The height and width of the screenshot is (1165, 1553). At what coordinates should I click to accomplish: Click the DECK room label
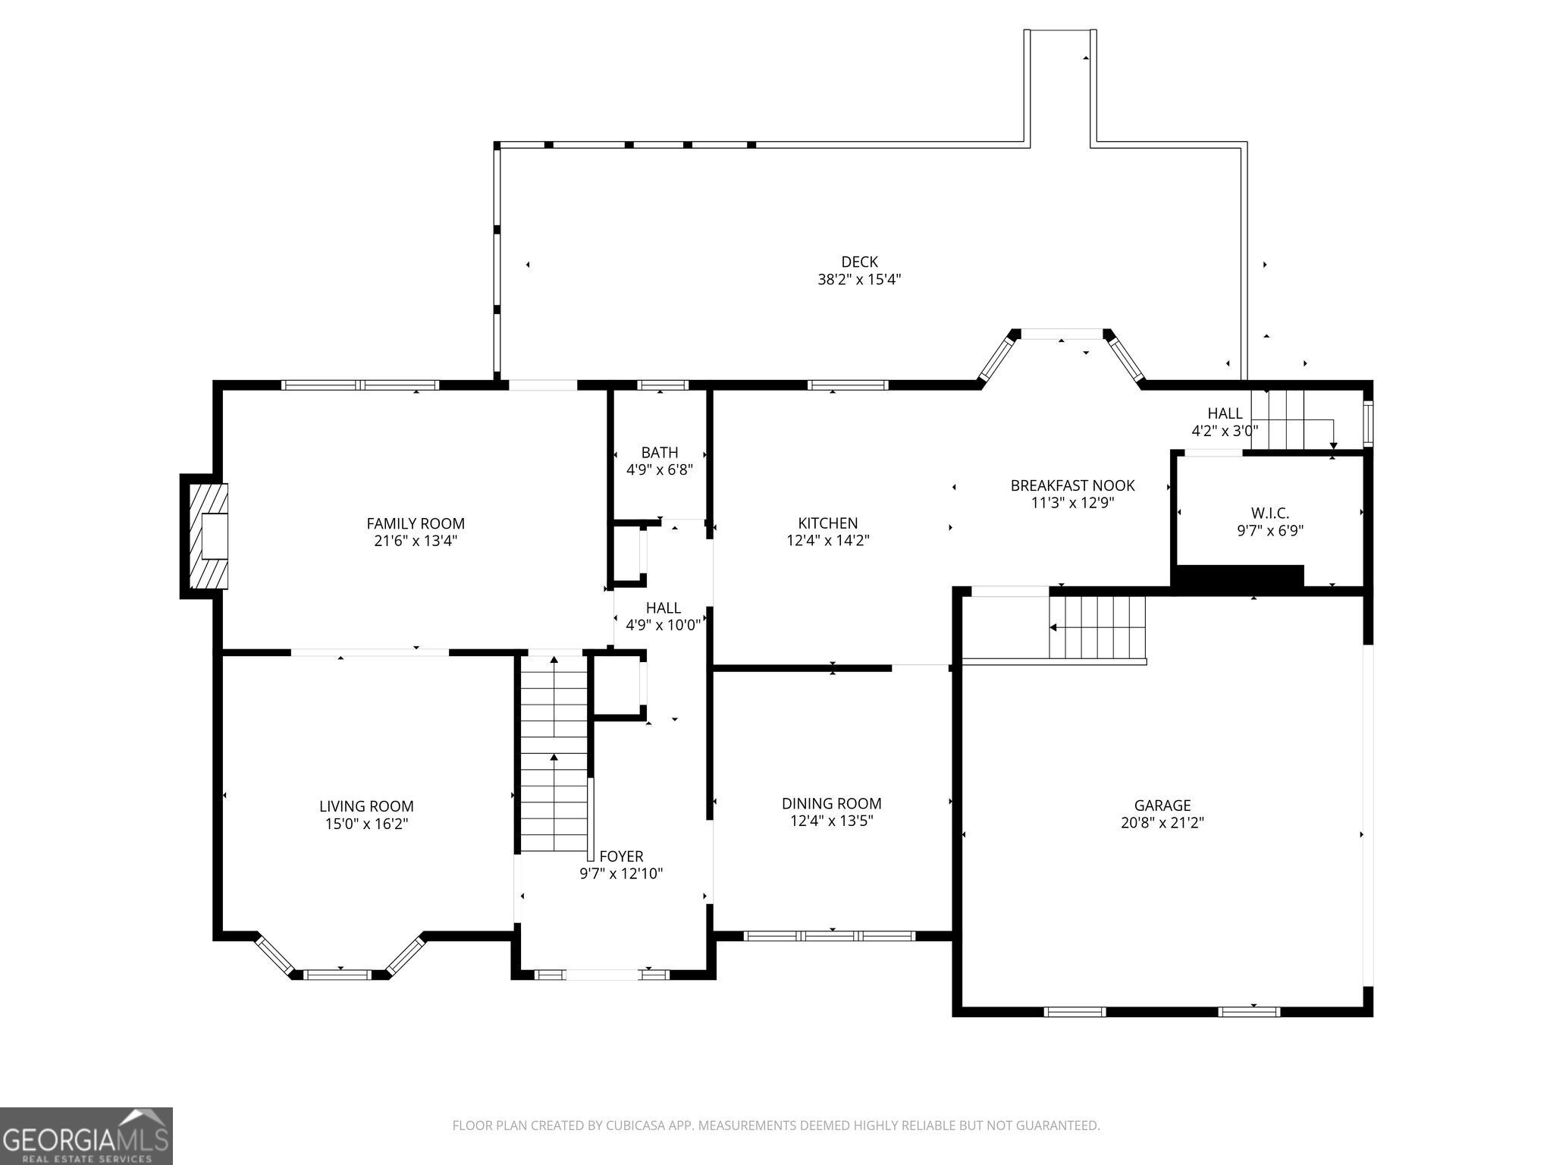[859, 262]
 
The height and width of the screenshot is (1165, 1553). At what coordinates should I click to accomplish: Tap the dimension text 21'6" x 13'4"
[416, 541]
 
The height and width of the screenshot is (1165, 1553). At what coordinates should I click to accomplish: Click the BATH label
[659, 453]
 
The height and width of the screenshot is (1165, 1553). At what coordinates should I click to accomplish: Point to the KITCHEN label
[827, 523]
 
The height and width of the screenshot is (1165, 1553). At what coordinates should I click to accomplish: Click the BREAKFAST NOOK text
[1072, 485]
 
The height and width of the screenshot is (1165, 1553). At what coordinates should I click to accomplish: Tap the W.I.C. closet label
[1269, 513]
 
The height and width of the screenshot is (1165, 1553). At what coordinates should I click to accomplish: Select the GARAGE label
[1162, 805]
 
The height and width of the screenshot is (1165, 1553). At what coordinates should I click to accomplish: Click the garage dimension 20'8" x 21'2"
[1162, 823]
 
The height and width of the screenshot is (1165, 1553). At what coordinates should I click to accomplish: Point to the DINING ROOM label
[831, 803]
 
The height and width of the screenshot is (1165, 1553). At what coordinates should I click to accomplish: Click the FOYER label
[621, 856]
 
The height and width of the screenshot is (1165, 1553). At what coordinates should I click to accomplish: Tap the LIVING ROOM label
[366, 806]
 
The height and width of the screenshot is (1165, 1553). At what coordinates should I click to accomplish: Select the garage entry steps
[1097, 627]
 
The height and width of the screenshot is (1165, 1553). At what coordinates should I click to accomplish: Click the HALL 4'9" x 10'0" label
[663, 617]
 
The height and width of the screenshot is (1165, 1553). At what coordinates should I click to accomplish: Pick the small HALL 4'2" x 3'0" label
[1224, 422]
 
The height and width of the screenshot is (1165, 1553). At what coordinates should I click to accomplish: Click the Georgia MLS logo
[86, 1135]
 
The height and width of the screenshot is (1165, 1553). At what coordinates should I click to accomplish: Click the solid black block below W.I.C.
[1238, 579]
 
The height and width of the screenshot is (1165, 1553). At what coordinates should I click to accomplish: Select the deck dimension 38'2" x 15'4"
[859, 280]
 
